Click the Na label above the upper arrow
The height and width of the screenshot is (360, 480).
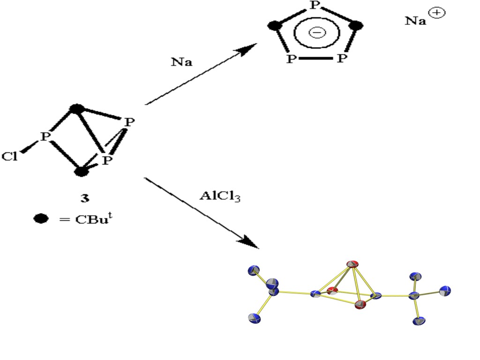coord(181,62)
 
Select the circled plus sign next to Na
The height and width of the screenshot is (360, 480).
coord(437,13)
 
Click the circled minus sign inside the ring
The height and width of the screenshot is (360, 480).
coord(317,32)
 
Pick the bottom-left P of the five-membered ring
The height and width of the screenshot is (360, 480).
coord(292,59)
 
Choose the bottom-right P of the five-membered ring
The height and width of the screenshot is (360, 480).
coord(342,59)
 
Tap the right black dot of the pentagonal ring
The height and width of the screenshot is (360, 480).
coord(357,25)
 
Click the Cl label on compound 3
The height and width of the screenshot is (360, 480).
coord(9,156)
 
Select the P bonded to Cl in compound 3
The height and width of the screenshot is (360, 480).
coord(45,137)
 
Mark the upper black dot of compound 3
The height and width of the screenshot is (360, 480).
coord(76,109)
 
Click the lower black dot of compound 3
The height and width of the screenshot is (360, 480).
coord(82,171)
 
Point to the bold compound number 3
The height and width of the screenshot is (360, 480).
coord(84,198)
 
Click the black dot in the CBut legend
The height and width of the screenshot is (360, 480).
coord(41,218)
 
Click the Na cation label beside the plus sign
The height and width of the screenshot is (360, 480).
coord(415,21)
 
